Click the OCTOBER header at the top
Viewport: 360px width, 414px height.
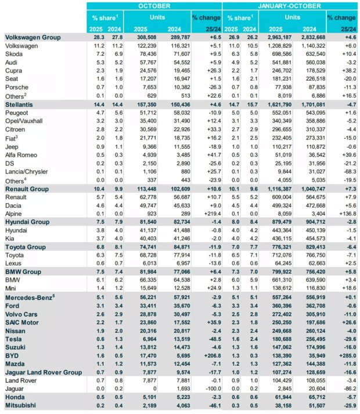154,6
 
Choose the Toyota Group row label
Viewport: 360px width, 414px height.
26,246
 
